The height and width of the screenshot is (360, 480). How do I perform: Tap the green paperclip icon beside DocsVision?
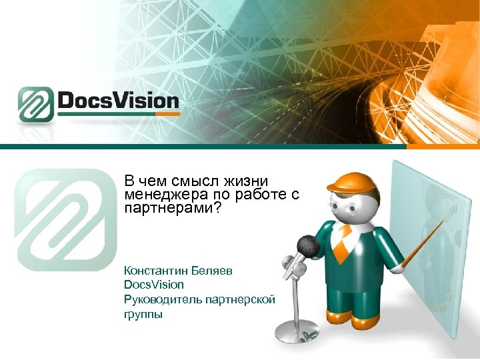(x=36, y=105)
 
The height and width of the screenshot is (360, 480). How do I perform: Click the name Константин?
(x=155, y=271)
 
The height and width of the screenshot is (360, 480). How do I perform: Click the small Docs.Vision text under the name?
(x=153, y=285)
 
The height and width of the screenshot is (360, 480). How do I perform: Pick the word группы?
(x=143, y=314)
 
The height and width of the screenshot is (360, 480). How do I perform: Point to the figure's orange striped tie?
(x=341, y=244)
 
